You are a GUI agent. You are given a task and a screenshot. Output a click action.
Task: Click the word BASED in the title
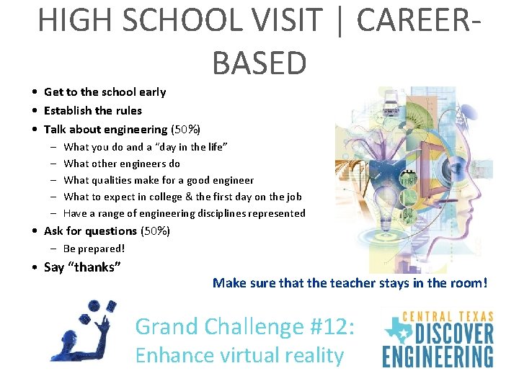point(259,63)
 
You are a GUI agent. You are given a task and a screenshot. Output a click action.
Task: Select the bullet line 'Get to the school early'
point(105,92)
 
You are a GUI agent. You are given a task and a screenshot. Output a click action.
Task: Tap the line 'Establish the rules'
point(92,110)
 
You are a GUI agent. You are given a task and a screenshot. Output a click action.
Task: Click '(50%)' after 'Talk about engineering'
point(185,130)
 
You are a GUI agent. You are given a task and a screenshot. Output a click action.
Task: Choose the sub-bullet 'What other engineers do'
point(122,164)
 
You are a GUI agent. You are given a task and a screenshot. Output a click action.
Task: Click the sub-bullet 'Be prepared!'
point(94,249)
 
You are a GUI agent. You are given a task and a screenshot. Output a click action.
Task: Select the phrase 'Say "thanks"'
point(82,267)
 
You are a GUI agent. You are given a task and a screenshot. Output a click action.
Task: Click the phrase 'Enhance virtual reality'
point(239,355)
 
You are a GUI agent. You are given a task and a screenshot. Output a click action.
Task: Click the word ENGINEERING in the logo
point(438,356)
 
